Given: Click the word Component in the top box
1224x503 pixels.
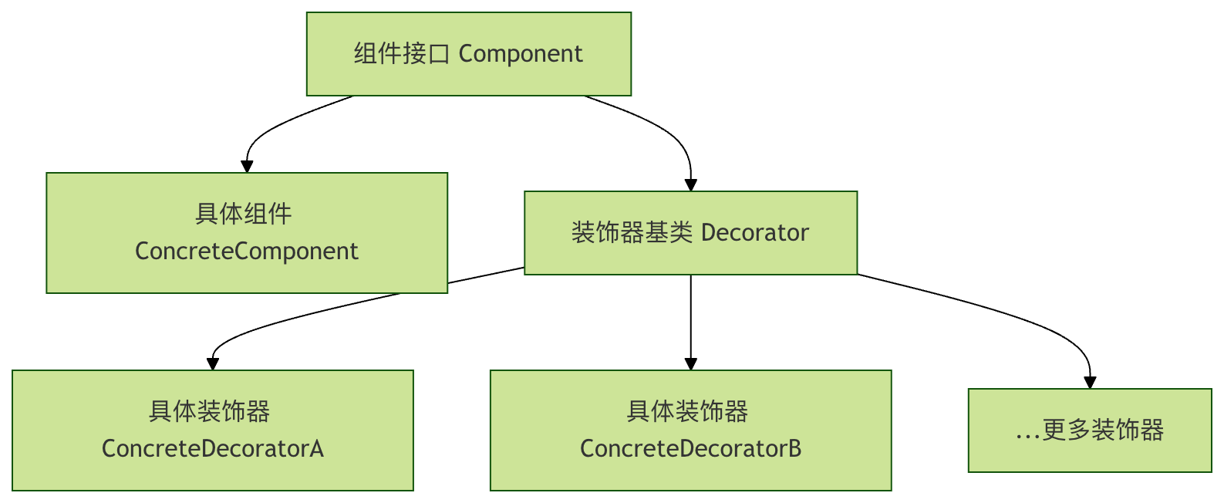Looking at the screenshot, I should (x=521, y=54).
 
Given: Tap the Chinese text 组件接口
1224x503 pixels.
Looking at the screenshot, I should (x=401, y=54).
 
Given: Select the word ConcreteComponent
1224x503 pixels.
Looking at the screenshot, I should (x=247, y=251).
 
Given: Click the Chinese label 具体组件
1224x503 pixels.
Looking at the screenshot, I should (x=244, y=214).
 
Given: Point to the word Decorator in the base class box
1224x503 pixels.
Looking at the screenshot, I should (x=755, y=233).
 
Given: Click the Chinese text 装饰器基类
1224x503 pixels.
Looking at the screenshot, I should (x=632, y=233).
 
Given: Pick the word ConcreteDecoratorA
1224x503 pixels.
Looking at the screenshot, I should (x=213, y=449).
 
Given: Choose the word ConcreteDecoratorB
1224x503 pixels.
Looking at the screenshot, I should (x=691, y=449).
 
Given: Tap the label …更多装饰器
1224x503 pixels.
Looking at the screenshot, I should (x=1090, y=430).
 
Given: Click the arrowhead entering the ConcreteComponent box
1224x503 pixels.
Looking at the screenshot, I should (x=247, y=167).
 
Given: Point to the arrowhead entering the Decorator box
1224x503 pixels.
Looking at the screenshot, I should (x=691, y=185).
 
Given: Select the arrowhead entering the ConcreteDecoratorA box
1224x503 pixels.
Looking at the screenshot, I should (x=214, y=364).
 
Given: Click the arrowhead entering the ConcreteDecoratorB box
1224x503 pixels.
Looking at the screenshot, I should (x=691, y=364).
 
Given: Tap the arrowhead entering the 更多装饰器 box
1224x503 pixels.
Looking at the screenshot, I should (x=1090, y=383).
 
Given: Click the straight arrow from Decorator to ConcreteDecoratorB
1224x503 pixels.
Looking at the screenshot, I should (x=691, y=316).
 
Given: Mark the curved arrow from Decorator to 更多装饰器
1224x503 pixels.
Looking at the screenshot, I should (x=1003, y=312).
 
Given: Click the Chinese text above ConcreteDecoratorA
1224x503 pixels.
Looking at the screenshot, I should (x=210, y=412).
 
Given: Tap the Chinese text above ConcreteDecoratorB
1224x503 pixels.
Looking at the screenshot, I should (x=688, y=412).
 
